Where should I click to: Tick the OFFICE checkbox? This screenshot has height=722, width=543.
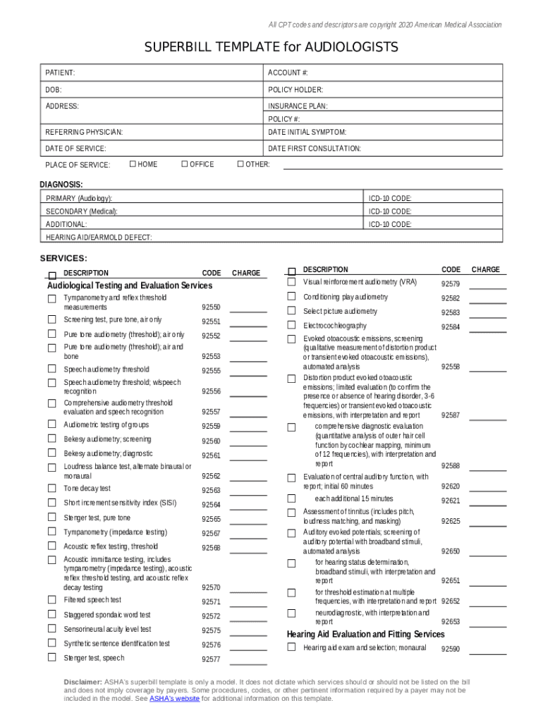click(185, 164)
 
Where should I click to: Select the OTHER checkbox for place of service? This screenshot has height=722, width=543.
click(240, 164)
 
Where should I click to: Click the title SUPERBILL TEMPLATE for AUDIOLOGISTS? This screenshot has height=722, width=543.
click(271, 47)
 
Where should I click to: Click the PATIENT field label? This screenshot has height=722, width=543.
click(61, 73)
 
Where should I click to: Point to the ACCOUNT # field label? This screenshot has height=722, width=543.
click(288, 73)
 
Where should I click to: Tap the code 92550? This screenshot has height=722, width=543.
click(211, 307)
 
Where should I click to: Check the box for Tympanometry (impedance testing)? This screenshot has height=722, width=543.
click(51, 532)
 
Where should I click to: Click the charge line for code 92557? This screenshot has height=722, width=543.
click(248, 412)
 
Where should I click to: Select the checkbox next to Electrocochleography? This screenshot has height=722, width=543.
click(291, 326)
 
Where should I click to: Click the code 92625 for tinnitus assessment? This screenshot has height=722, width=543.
click(451, 522)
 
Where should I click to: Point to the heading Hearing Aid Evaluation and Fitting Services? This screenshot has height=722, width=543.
click(365, 634)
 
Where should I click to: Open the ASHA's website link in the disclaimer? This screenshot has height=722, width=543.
click(173, 699)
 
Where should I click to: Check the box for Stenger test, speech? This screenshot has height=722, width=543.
click(51, 657)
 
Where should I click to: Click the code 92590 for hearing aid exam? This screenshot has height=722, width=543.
click(451, 649)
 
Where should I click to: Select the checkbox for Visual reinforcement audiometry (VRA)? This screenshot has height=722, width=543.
click(291, 282)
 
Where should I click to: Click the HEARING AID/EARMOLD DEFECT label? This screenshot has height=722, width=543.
click(99, 237)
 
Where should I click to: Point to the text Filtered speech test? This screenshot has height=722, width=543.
click(92, 600)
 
